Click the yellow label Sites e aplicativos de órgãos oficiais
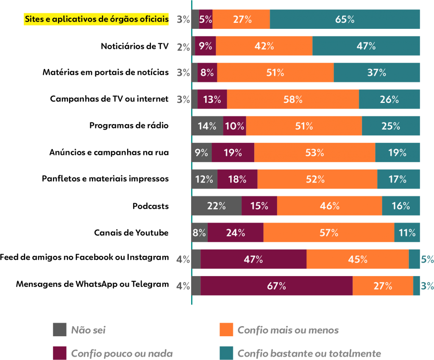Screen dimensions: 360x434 (96, 19)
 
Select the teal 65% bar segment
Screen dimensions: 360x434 (345, 19)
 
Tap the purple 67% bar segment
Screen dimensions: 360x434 (276, 286)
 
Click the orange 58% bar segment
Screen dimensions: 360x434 (292, 100)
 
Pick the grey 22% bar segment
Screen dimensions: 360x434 (217, 206)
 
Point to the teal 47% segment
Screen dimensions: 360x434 (366, 46)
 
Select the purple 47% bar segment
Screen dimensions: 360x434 (253, 259)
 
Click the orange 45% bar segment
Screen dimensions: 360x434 (357, 259)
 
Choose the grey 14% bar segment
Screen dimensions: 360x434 (207, 126)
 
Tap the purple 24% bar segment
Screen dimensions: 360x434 (235, 233)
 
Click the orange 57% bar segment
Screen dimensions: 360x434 (328, 233)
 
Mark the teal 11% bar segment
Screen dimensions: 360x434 (407, 233)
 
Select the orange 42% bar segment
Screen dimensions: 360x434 (264, 46)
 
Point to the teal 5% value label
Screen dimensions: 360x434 (427, 259)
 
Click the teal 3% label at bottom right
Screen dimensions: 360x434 (427, 286)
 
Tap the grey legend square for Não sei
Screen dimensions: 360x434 (60, 330)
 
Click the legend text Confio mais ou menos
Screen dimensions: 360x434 (288, 330)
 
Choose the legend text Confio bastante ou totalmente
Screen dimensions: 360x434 (309, 353)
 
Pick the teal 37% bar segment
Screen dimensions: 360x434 (376, 73)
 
